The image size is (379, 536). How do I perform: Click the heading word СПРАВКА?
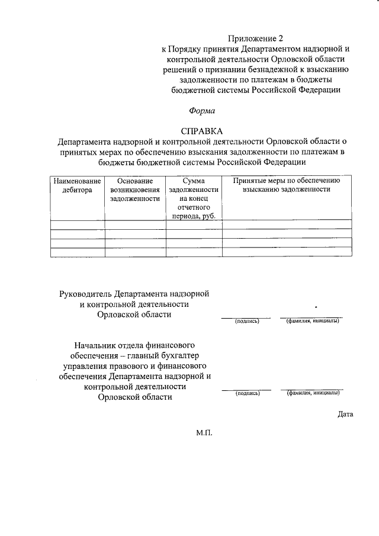pos(202,131)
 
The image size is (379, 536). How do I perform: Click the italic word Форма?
pos(202,110)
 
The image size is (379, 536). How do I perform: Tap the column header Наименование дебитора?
pos(78,185)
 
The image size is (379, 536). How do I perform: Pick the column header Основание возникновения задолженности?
pos(135,190)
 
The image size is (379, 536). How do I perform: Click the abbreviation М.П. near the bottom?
pos(203,433)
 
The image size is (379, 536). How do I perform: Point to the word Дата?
pos(346,414)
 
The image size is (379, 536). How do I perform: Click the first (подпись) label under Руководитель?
pos(246,322)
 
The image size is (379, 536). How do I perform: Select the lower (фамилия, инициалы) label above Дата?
pos(313,393)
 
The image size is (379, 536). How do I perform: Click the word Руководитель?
pos(86,293)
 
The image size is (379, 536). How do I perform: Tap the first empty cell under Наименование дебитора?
pos(78,224)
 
